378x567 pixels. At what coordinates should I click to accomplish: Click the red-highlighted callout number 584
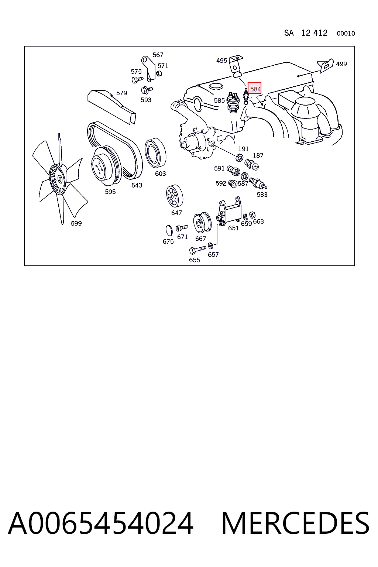pyautogui.click(x=255, y=89)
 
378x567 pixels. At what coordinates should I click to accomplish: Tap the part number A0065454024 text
pyautogui.click(x=101, y=523)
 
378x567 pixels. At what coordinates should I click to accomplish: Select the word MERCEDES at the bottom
pyautogui.click(x=295, y=523)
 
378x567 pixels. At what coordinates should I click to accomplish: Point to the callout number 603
pyautogui.click(x=160, y=173)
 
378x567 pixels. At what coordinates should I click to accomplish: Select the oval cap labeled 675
pyautogui.click(x=169, y=230)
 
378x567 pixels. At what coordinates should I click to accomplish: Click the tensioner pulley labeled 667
pyautogui.click(x=202, y=223)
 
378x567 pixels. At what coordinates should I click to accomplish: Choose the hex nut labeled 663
pyautogui.click(x=252, y=214)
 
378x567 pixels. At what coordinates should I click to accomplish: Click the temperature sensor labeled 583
pyautogui.click(x=258, y=183)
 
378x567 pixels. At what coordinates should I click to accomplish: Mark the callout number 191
pyautogui.click(x=243, y=149)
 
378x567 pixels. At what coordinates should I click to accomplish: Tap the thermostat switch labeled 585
pyautogui.click(x=233, y=102)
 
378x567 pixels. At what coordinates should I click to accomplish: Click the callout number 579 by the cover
pyautogui.click(x=121, y=93)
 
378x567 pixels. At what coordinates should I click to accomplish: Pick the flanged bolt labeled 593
pyautogui.click(x=146, y=90)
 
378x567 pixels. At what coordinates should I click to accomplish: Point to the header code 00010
pyautogui.click(x=346, y=34)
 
